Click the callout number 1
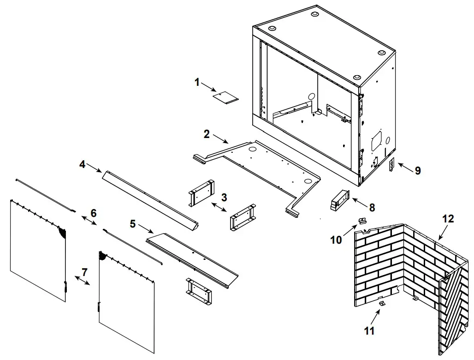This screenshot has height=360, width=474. pos(197,83)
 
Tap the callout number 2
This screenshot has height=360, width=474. pos(207,134)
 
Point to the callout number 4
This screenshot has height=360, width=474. pos(82,164)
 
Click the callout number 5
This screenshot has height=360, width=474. pos(133,224)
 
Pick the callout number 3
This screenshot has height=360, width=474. pos(224,198)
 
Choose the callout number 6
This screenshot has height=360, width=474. pos(94,213)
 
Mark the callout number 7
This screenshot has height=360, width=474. pos(84,272)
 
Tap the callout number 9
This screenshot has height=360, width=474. pos(417,170)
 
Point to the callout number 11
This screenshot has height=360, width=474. pos(369,330)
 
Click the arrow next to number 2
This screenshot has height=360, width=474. pos(220,139)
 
